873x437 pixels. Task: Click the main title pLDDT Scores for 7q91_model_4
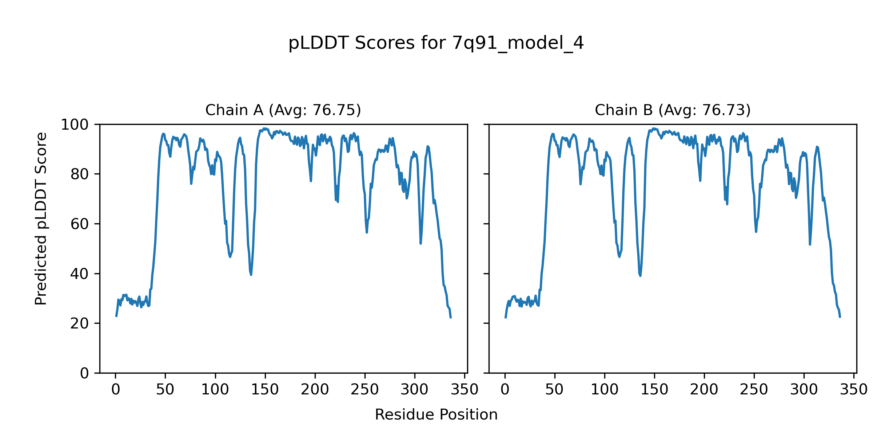coord(436,43)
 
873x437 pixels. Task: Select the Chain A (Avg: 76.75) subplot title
coord(283,110)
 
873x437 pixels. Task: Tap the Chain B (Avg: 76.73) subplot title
coord(673,110)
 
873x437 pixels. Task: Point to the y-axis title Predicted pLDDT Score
coord(41,219)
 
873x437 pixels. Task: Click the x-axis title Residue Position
coord(436,415)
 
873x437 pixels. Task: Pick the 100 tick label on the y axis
coord(75,125)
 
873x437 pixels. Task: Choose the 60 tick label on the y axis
coord(80,224)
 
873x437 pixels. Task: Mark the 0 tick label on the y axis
coord(84,373)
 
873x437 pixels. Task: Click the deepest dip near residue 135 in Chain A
coord(251,275)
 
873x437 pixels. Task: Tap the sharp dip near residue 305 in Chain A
coord(420,243)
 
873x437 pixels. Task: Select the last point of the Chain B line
coord(840,317)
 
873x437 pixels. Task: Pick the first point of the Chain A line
coord(116,316)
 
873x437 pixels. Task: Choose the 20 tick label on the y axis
coord(80,324)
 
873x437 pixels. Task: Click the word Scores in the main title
coord(386,43)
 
